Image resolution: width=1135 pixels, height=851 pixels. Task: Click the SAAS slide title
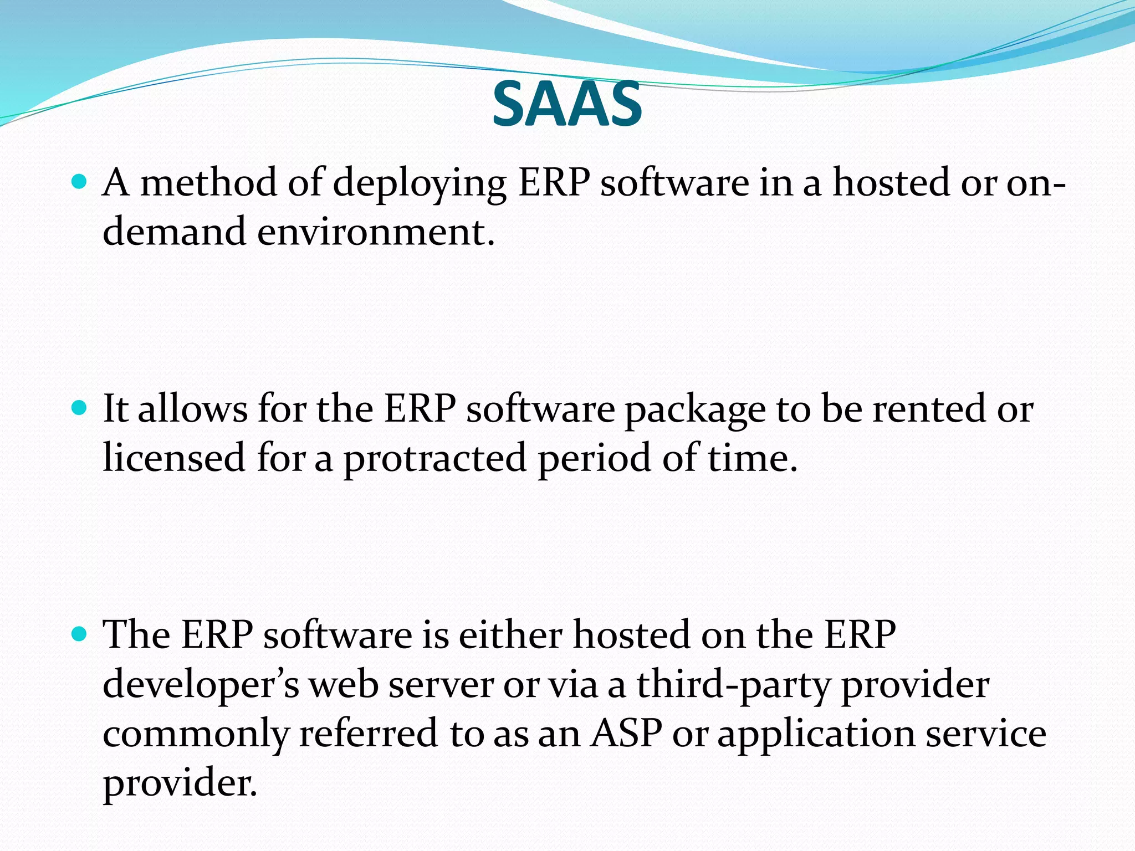click(x=567, y=104)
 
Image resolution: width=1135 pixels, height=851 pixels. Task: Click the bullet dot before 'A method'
click(x=80, y=181)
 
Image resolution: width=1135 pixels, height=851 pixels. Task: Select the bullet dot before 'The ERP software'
click(x=80, y=634)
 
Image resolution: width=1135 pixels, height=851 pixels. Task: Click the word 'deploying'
click(x=419, y=184)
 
